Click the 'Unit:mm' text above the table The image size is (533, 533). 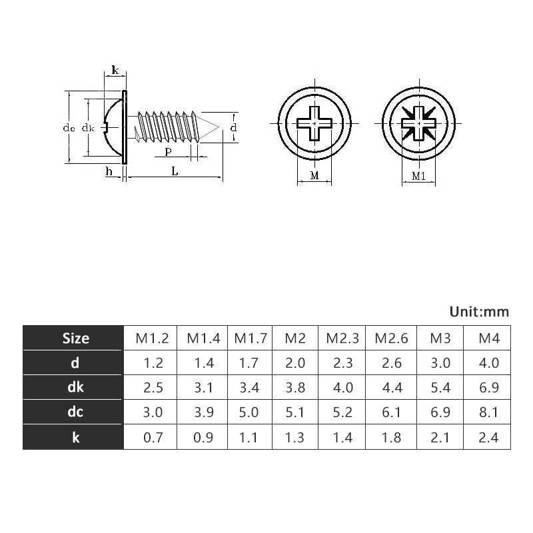478,311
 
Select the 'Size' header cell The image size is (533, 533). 75,338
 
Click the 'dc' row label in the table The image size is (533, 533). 75,412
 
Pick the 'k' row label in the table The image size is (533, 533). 75,437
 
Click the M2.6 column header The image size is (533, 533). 391,338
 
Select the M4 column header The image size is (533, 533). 489,338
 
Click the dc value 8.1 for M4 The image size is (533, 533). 489,412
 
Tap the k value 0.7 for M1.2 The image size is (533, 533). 153,437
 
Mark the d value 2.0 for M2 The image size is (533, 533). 294,363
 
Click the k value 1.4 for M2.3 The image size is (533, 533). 342,437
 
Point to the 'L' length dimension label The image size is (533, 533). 175,171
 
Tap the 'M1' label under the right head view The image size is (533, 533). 418,177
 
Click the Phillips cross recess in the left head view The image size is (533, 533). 313,123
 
